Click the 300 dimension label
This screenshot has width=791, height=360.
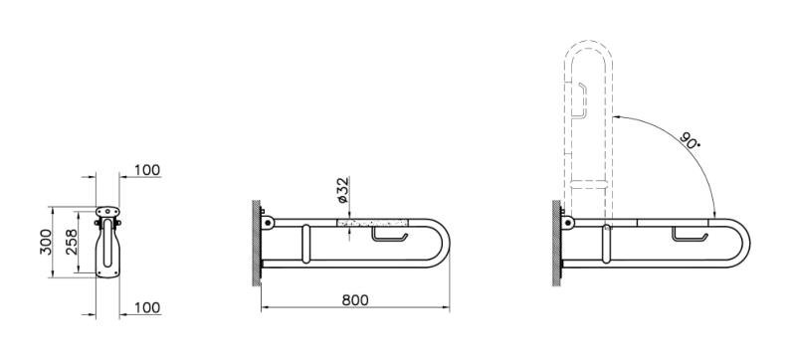(x=46, y=242)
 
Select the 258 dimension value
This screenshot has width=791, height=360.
(x=72, y=242)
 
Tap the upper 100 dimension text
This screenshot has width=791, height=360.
(x=147, y=170)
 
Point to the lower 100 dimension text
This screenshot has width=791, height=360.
(x=147, y=307)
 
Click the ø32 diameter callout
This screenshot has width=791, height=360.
(x=342, y=191)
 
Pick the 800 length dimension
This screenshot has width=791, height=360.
(x=355, y=300)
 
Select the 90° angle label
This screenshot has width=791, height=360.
(x=691, y=139)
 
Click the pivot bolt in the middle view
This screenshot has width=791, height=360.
(x=267, y=222)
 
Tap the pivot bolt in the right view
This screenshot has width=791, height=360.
(x=567, y=222)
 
